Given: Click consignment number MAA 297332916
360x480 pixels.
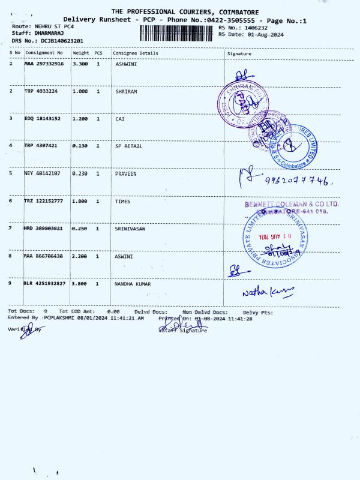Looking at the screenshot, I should (x=44, y=63).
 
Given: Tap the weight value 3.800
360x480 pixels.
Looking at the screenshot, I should (x=80, y=283).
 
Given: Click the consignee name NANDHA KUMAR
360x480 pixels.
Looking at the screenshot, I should (x=133, y=283).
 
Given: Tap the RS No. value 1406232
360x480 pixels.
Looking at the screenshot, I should (x=252, y=28).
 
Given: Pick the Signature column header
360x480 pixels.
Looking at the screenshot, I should (x=239, y=53).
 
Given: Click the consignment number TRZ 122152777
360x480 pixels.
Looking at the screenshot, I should (x=44, y=201).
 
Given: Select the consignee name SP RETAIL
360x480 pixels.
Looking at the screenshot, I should (x=129, y=146).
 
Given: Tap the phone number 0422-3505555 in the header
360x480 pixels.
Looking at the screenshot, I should (x=233, y=20).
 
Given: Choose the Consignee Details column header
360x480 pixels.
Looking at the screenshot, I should (x=136, y=53).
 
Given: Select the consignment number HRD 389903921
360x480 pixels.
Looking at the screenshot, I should (x=44, y=229).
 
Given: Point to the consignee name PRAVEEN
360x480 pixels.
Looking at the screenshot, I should (x=126, y=173).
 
